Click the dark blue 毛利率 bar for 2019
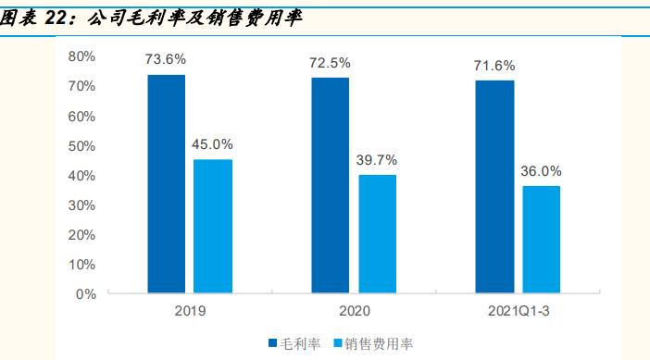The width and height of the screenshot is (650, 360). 166,184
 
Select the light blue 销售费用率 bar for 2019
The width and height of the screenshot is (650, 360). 213,227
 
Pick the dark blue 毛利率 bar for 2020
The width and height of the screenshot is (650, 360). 330,186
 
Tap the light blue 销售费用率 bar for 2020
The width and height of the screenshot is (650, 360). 377,234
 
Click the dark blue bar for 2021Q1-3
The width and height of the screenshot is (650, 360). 494,187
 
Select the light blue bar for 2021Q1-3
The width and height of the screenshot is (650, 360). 541,240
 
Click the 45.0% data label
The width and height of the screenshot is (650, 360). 213,144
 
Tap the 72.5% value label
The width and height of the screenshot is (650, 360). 330,63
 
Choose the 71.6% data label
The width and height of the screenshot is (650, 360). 495,66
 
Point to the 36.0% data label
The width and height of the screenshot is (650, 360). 542,171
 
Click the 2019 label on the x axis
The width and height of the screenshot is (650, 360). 189,312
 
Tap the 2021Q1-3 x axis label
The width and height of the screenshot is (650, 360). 518,312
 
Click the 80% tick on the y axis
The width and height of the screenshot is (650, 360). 82,56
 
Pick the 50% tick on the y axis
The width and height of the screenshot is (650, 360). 82,145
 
